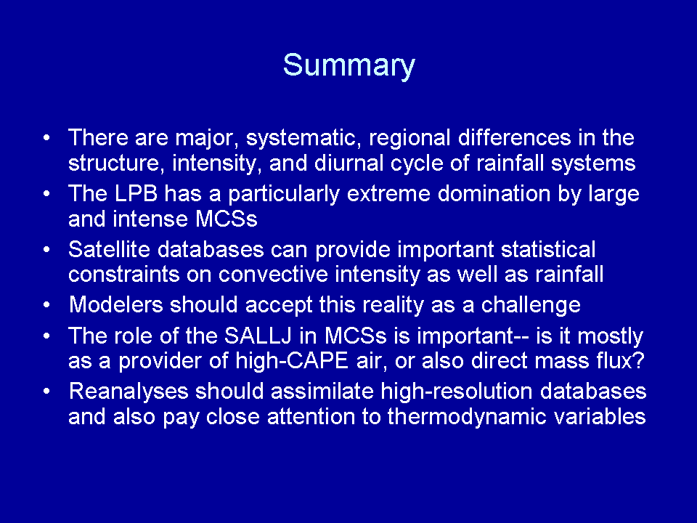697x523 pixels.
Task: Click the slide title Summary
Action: pos(349,66)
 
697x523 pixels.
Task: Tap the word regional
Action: pos(409,138)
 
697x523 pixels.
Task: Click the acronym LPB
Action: pos(136,194)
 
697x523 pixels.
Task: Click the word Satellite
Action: pos(110,249)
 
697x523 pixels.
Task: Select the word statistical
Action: pos(548,249)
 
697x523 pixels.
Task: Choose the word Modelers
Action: pos(116,305)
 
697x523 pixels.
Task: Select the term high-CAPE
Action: pos(292,361)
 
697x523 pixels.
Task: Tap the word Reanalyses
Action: pos(129,392)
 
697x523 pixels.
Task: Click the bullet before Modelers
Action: pos(46,306)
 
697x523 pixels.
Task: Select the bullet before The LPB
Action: pos(46,195)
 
